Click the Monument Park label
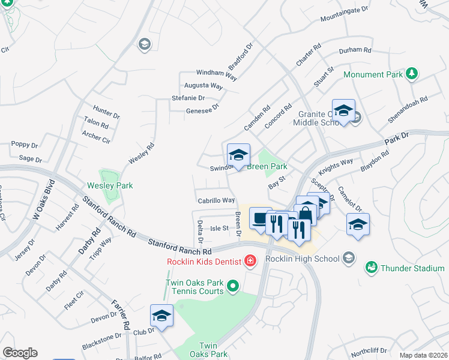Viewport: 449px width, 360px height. coord(372,74)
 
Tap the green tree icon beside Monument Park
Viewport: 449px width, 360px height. coord(412,73)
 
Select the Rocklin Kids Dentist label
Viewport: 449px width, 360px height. coord(204,261)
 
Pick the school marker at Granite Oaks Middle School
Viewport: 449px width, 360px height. coord(343,111)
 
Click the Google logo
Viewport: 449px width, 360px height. coord(20,353)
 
